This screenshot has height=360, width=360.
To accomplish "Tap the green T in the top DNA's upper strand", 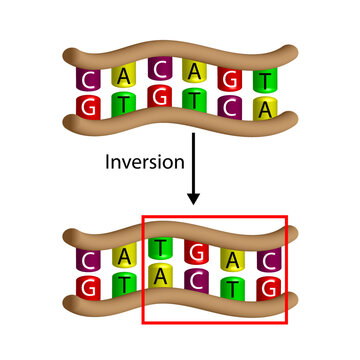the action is tap(265, 80).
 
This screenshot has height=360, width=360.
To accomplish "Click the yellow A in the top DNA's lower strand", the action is tap(265, 107).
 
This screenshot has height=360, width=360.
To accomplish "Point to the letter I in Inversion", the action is tap(107, 161).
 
